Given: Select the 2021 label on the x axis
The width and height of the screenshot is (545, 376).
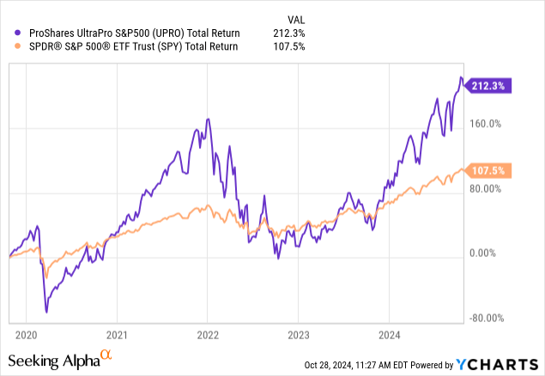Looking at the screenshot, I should click(118, 335).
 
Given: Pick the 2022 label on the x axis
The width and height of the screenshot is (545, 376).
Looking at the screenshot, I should click(209, 335).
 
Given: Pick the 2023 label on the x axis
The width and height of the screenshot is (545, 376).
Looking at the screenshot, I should click(300, 335).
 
